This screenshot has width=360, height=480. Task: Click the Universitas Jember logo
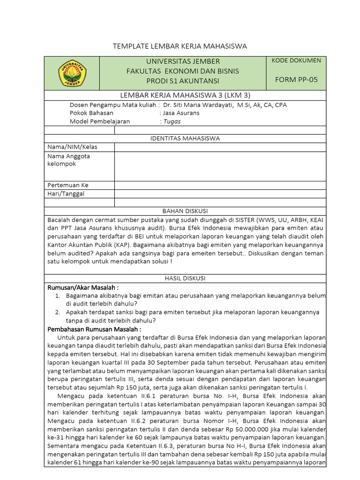[x=72, y=73]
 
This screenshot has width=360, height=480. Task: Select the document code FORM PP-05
[x=296, y=80]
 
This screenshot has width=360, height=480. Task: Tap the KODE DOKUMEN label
[x=296, y=60]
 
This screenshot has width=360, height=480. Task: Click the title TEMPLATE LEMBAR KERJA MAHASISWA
[x=180, y=46]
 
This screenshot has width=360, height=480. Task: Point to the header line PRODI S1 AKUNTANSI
[x=183, y=81]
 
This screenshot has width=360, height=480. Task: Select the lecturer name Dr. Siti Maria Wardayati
[x=197, y=105]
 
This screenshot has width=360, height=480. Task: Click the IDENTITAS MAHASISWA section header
[x=185, y=138]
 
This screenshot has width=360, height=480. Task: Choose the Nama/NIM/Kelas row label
[x=72, y=147]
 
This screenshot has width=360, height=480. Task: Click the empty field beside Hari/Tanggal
[x=220, y=194]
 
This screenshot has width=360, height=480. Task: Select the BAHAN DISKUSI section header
[x=185, y=211]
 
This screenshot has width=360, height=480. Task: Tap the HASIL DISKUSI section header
[x=185, y=278]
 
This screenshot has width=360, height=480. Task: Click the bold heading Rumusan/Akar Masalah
[x=83, y=287]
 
